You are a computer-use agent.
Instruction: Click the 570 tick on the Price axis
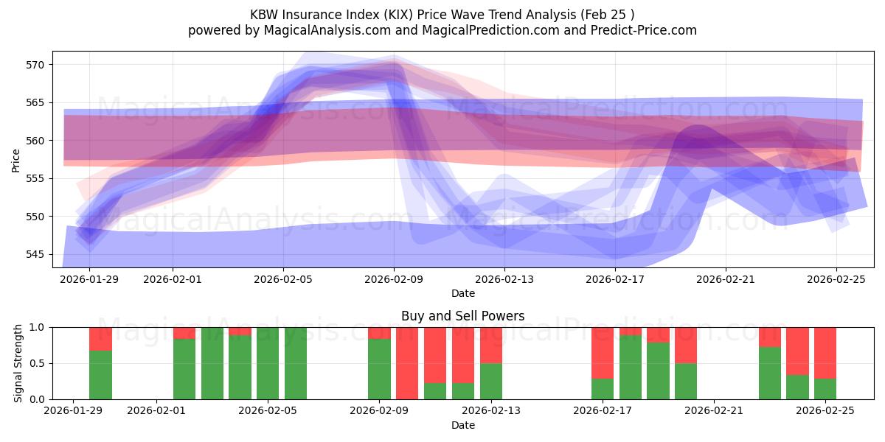36,65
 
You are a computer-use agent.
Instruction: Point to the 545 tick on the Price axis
36,254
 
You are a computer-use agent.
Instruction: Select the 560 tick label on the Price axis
36,141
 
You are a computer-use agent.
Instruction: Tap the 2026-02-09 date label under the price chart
394,278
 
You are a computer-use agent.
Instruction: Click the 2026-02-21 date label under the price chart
725,278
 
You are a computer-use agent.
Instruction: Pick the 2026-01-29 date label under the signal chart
73,410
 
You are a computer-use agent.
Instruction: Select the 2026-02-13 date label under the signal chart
491,410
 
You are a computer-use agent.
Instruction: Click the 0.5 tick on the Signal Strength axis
38,363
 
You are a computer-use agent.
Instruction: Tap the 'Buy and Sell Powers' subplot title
462,316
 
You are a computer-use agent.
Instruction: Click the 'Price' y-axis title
16,160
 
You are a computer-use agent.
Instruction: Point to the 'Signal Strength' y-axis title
18,363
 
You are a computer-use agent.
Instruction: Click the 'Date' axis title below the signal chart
462,425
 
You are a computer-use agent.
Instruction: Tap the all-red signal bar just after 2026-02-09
407,363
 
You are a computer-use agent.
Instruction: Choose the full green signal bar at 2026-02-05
268,363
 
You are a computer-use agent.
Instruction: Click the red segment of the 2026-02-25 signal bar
825,352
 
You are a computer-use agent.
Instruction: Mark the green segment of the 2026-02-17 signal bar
603,389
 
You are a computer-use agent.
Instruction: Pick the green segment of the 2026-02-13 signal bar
491,382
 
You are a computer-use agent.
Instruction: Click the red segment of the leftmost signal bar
100,338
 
